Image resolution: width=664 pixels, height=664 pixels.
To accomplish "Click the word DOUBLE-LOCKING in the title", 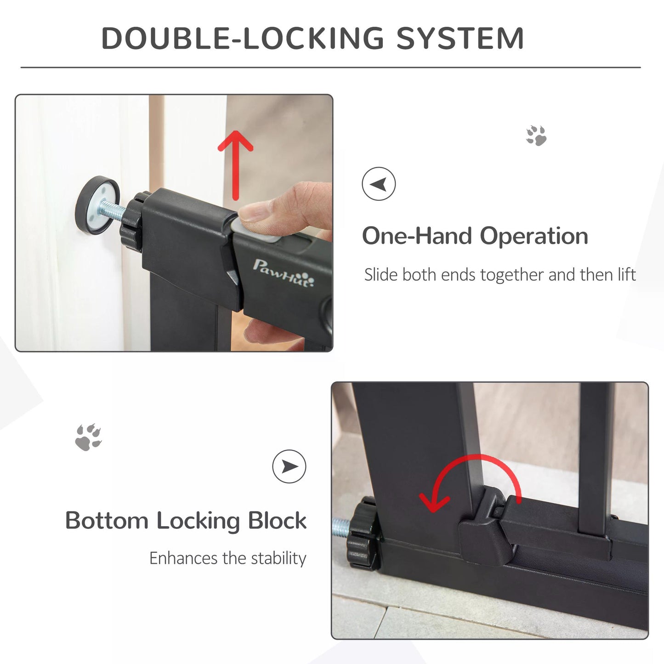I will pos(242,38).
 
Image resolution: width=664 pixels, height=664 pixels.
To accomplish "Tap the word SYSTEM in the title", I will pos(460,38).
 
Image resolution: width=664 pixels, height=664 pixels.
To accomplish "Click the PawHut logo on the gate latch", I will pos(284,273).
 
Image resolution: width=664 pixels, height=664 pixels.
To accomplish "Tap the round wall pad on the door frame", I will pos(97,205).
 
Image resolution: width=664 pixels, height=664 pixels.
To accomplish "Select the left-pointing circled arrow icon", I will pos(379,184).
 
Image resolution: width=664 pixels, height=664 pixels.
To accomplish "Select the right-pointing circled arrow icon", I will pos(289,466).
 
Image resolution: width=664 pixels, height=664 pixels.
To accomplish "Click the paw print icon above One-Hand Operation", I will pos(536,136).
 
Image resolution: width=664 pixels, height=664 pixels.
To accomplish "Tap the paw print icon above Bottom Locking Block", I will pos(88,437).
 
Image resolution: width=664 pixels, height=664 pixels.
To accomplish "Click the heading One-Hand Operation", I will pos(475,236).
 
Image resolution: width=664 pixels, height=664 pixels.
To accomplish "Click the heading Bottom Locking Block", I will pos(186,521).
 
